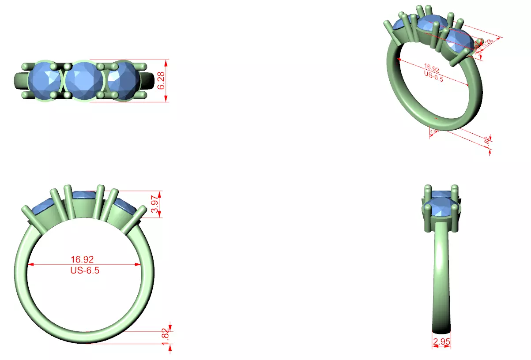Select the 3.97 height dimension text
154,204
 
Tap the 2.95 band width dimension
441,342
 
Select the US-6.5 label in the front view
85,270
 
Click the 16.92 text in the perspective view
431,68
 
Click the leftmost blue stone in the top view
45,81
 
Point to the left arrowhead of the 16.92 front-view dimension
31,265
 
